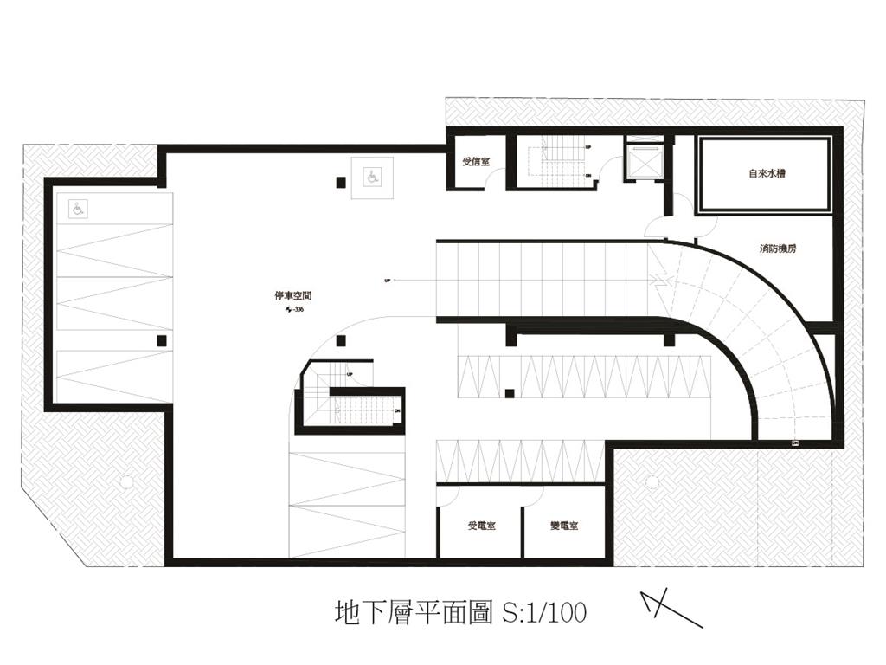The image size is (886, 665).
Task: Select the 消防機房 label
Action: pos(778,249)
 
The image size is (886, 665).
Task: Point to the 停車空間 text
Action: pos(287,295)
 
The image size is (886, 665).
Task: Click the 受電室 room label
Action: pos(481,526)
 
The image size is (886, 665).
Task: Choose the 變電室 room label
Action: pos(563,526)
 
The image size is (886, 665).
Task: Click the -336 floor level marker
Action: pos(293,309)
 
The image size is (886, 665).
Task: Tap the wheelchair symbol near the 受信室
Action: pos(371,178)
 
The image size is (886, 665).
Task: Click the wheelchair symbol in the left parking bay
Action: pos(76,208)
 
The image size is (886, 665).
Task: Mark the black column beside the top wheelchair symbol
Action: pos(342,182)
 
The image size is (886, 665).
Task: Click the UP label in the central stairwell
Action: pos(350,375)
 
